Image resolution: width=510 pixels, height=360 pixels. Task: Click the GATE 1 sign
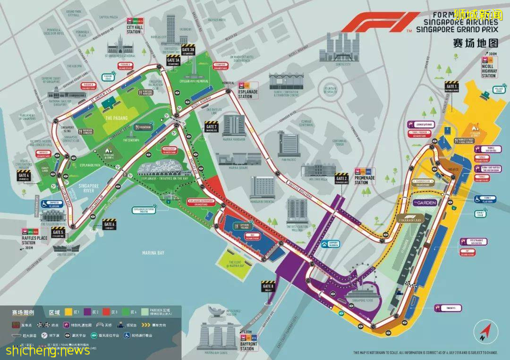[x=451, y=86]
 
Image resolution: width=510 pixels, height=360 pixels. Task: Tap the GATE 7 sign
[x=211, y=126]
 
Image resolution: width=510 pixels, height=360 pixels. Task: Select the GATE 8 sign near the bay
[x=268, y=286]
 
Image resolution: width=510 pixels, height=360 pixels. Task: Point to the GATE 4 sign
[x=24, y=176]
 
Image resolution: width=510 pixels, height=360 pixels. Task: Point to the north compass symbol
[x=483, y=331]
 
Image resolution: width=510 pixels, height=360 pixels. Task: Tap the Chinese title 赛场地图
[x=475, y=43]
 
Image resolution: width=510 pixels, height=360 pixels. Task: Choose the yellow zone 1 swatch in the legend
[x=69, y=312]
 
